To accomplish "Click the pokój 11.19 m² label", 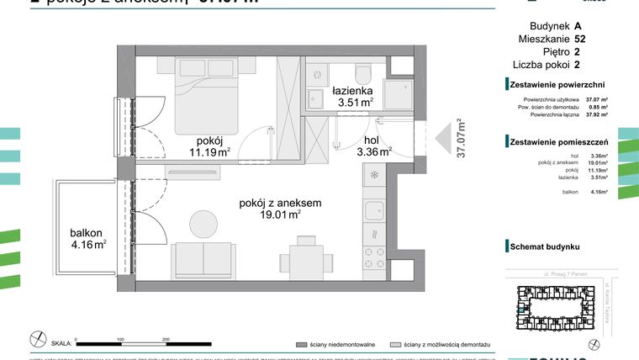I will point(209,146).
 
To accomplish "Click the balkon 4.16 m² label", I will point(87,238).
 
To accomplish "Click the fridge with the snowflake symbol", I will point(373,177).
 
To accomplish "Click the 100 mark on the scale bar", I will point(121,338).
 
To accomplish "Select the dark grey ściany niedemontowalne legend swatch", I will point(301,344).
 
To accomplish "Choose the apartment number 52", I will point(580,38).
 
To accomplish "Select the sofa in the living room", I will point(203,257).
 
